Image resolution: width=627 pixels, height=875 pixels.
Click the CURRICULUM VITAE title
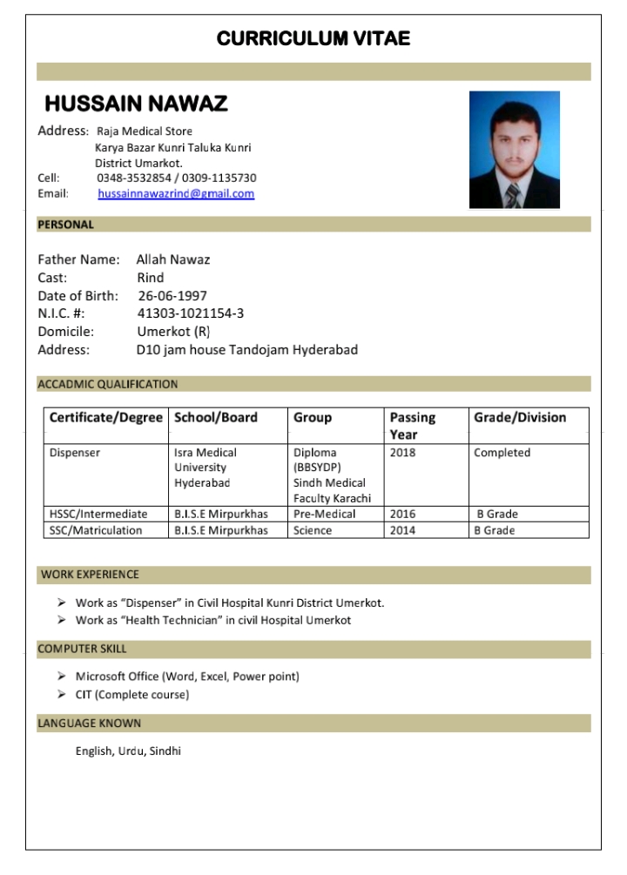click(313, 38)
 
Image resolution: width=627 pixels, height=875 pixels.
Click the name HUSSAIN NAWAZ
click(136, 104)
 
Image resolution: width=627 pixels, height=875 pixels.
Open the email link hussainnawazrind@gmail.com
click(176, 194)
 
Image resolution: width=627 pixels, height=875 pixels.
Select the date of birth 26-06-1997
click(172, 296)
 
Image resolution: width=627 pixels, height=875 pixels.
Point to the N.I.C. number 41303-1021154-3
click(191, 313)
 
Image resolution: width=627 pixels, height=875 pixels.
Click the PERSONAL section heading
click(66, 225)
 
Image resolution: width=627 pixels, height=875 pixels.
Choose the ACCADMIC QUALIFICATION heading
click(108, 384)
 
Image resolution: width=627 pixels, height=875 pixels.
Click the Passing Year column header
click(413, 426)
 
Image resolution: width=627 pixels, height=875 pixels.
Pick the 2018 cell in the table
click(403, 454)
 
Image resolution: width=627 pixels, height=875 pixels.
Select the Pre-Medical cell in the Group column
click(324, 515)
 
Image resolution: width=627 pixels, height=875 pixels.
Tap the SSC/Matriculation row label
click(96, 531)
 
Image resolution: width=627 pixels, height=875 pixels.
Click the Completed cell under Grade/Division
click(502, 454)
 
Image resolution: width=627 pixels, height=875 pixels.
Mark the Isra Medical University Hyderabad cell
click(206, 468)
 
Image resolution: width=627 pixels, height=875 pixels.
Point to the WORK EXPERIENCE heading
click(90, 575)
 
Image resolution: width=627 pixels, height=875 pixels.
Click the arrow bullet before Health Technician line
click(62, 621)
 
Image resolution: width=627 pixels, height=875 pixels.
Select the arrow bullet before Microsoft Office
click(62, 676)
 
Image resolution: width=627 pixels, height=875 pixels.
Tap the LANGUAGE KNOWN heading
click(89, 724)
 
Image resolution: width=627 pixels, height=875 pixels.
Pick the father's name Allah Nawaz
click(173, 259)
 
